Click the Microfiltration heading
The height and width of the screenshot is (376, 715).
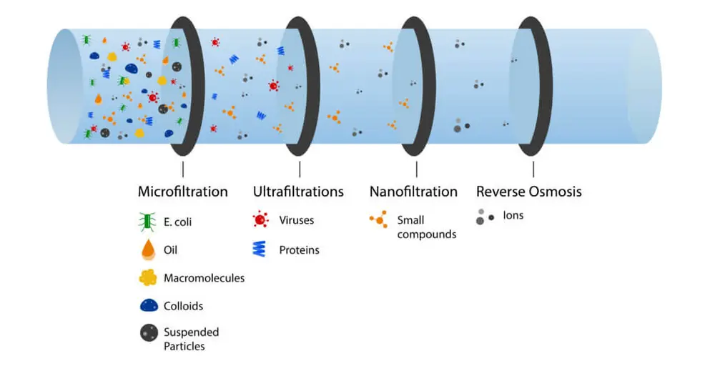[182, 192]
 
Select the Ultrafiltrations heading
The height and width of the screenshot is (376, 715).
[298, 192]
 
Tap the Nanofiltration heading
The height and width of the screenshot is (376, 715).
[413, 192]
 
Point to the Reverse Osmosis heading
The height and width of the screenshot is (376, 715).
[529, 192]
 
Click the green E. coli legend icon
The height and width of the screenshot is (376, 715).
[148, 222]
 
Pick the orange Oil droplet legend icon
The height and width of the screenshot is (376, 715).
[148, 249]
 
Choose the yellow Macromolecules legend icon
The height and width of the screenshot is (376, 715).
[148, 277]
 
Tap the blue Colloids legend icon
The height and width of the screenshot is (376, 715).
[148, 305]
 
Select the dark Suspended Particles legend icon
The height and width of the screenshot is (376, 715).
[148, 333]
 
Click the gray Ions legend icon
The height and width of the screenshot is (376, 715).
[485, 216]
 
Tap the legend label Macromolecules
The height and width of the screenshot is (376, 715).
[204, 278]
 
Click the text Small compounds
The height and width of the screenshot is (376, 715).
[426, 227]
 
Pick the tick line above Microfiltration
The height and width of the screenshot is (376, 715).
[182, 169]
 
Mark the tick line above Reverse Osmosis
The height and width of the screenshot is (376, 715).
[533, 169]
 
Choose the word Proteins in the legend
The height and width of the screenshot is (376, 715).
[299, 250]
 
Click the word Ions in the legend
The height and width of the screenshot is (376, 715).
[513, 215]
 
